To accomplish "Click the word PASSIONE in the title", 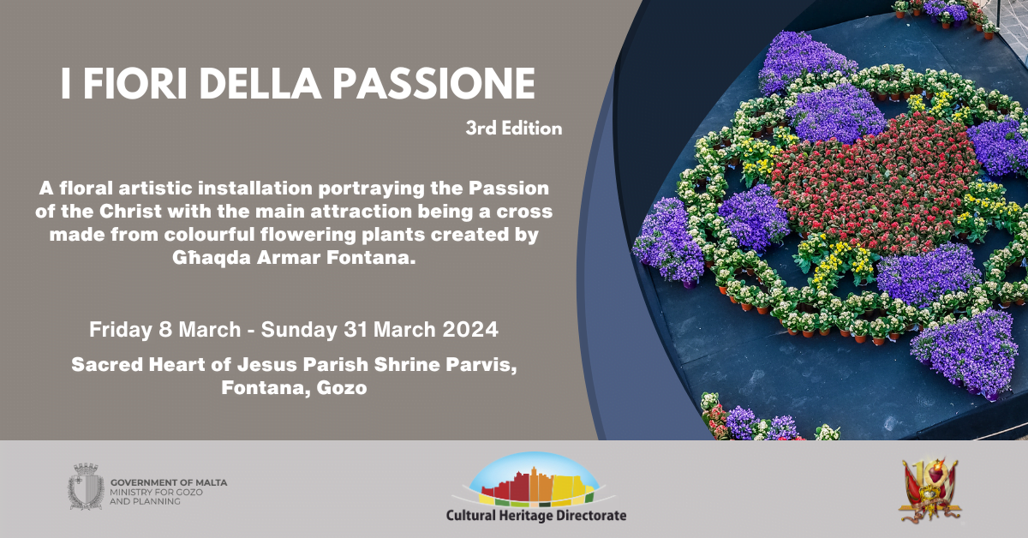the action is pos(433,84).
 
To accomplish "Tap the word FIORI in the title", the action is pos(135,84).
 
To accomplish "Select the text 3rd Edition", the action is pos(513,129).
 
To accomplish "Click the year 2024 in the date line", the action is pos(470,330).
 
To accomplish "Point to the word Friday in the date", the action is pos(119,330).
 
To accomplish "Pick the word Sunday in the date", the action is pos(299,330).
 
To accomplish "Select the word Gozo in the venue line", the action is pos(342,388).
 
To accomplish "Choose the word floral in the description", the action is pos(87,188).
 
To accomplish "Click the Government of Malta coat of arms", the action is pos(86,487).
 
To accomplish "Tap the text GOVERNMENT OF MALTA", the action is pos(169,482).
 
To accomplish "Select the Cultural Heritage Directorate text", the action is pos(536,516).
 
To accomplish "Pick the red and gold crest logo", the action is pos(929,489).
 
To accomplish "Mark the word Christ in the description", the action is pos(130,212).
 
